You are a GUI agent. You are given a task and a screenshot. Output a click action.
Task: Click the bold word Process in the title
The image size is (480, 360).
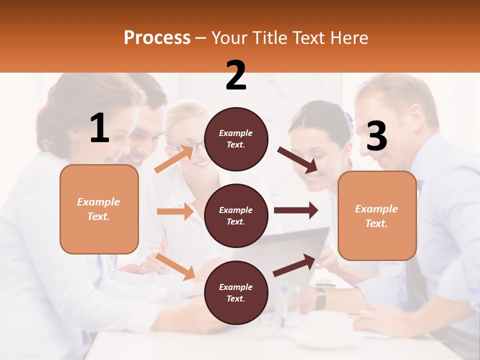157,38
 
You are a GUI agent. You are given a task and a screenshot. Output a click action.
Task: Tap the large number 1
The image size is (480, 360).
99,128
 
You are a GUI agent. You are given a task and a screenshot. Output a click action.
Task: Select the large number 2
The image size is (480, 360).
236,75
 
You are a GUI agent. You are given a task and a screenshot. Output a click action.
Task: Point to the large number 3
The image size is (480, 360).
376,136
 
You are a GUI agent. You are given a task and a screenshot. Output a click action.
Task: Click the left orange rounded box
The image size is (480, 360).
99,209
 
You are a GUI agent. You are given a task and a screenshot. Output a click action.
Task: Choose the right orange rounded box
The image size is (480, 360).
376,216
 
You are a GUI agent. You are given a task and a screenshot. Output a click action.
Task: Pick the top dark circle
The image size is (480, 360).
236,139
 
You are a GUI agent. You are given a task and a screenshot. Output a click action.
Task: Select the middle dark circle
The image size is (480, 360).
236,216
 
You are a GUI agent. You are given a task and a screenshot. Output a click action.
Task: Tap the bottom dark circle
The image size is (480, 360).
236,292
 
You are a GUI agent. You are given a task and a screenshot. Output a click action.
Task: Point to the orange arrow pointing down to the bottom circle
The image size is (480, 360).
175,266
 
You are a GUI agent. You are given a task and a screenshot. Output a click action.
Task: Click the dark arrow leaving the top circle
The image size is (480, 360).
297,158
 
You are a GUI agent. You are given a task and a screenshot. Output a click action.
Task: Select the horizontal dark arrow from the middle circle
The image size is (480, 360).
295,210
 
